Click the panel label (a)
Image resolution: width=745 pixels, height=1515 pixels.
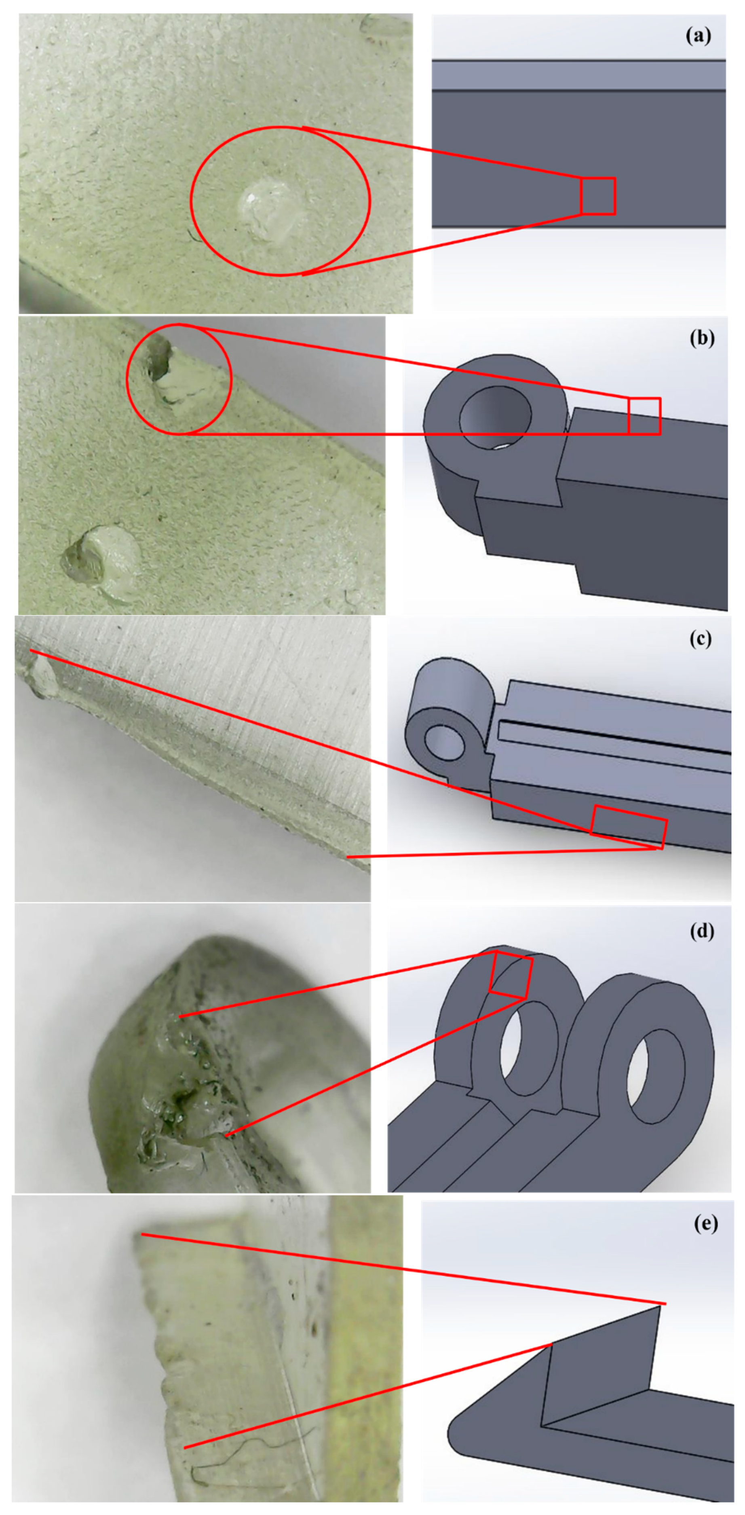pos(698,36)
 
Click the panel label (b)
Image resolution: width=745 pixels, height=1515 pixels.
pos(701,339)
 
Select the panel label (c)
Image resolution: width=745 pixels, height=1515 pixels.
pos(700,639)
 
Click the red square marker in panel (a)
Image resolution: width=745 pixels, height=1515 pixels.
pos(597,196)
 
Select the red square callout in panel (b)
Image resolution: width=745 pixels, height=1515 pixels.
pos(644,416)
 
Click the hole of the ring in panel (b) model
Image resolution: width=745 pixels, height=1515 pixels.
pos(496,417)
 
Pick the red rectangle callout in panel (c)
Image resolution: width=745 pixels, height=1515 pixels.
pos(628,827)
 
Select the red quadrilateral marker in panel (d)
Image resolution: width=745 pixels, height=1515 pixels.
pos(511,974)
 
